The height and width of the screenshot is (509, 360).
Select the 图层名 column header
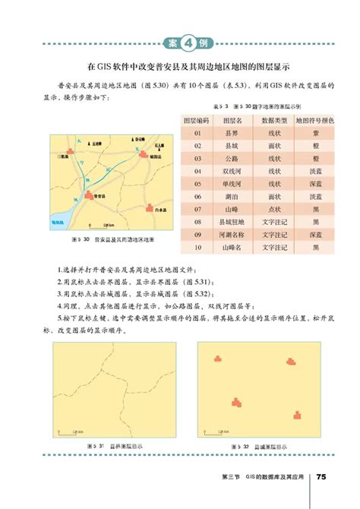click(x=227, y=121)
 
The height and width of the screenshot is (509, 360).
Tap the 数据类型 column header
click(x=268, y=121)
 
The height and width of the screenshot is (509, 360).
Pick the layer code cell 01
click(x=197, y=133)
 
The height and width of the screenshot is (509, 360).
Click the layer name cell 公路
click(x=227, y=158)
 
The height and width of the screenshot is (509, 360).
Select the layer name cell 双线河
click(x=227, y=171)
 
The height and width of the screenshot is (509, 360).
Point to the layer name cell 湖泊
click(x=227, y=196)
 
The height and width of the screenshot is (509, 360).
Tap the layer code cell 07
click(x=197, y=209)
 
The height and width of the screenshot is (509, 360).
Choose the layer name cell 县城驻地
click(x=227, y=221)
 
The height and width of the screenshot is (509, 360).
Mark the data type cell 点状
click(x=268, y=209)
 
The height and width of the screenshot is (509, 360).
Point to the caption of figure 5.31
click(x=113, y=446)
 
